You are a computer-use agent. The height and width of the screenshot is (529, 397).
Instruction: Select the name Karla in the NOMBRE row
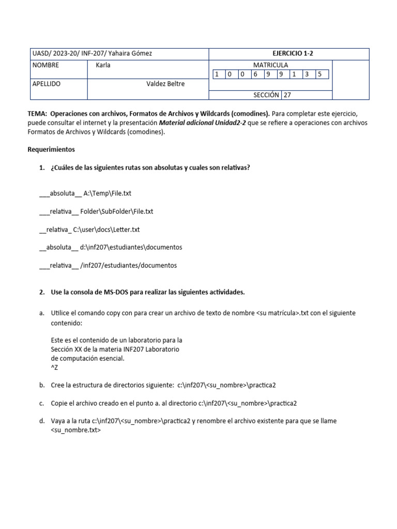[103, 65]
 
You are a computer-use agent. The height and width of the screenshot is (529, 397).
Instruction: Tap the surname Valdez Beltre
[165, 84]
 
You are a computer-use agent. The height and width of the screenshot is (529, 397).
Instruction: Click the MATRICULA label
[270, 65]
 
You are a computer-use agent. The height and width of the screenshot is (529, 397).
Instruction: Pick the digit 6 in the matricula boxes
[255, 74]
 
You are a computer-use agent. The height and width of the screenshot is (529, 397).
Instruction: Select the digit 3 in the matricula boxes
[307, 74]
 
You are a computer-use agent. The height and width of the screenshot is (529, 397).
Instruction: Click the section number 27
[288, 95]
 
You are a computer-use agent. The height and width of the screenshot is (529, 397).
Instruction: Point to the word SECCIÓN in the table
[266, 95]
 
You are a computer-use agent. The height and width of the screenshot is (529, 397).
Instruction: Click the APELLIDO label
[47, 84]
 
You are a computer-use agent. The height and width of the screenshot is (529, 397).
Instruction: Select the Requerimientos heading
[51, 150]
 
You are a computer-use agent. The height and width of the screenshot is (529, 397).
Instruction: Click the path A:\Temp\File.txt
[107, 193]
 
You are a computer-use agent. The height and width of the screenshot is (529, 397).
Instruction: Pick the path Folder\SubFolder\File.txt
[117, 211]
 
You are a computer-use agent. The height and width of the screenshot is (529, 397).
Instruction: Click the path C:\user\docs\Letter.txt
[106, 229]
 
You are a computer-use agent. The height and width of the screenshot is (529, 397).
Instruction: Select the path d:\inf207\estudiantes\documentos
[131, 247]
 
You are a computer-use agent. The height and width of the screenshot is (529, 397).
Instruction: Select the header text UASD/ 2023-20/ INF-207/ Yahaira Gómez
[92, 54]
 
